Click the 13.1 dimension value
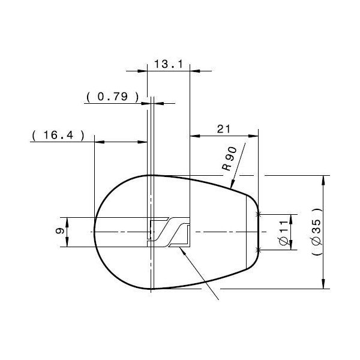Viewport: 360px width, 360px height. [x=168, y=64]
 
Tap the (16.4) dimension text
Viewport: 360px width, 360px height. [x=56, y=136]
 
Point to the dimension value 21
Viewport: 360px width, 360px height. [x=224, y=129]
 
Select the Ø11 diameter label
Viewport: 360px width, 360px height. [x=283, y=232]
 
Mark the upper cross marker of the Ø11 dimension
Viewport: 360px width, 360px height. [x=258, y=214]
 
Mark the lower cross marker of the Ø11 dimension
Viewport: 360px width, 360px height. [x=258, y=249]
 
